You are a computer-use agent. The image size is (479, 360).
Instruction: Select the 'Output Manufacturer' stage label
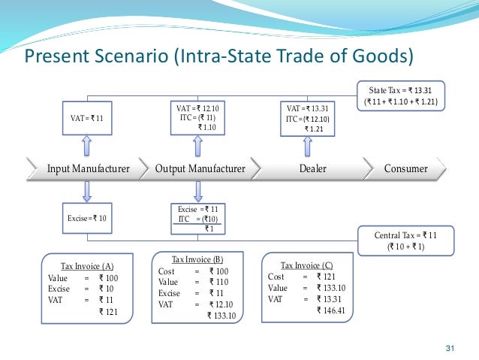[x=200, y=168]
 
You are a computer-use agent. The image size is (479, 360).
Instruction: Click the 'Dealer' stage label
[x=313, y=168]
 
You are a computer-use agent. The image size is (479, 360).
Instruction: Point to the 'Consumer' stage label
[x=406, y=168]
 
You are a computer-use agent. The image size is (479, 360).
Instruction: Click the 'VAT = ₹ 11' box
[x=87, y=118]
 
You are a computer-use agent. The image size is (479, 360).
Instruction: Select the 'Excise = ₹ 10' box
[x=87, y=217]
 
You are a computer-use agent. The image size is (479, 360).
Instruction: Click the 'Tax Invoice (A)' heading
[x=87, y=266]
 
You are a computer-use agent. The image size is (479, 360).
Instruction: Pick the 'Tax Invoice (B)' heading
[x=198, y=259]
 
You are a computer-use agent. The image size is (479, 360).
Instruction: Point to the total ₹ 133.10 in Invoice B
[x=221, y=316]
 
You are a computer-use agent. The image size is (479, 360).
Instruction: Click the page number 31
[x=451, y=346]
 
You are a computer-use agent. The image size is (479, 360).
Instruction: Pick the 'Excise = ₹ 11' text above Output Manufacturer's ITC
[x=197, y=208]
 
